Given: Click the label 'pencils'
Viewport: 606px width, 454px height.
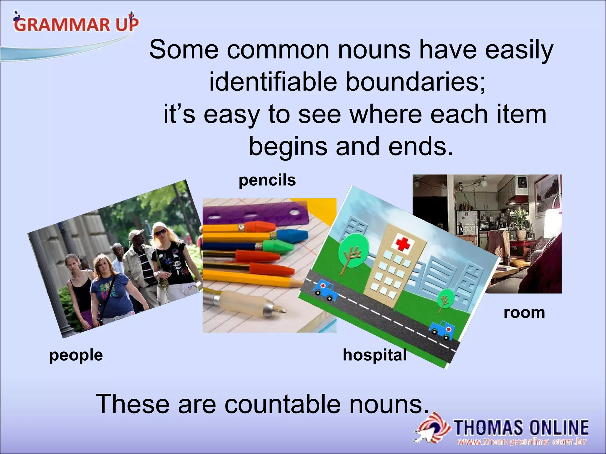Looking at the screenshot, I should click(267, 180).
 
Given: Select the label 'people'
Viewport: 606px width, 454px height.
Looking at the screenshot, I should click(76, 355).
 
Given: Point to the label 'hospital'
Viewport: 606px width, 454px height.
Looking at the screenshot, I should click(375, 355).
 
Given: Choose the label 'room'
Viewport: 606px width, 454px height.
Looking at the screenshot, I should click(524, 312).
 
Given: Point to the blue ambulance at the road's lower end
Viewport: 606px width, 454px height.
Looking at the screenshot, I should click(442, 329).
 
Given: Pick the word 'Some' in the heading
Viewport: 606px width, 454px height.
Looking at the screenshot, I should click(183, 50).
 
